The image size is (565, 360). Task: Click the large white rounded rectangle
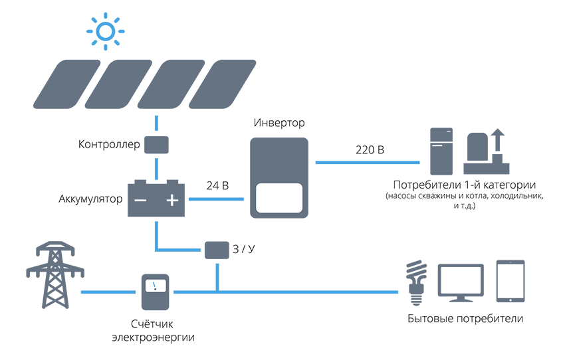point(279,198)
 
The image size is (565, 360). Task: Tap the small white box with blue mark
point(155,286)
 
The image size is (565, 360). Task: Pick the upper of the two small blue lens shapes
point(154,122)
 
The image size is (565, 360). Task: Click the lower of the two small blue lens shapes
point(154,169)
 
